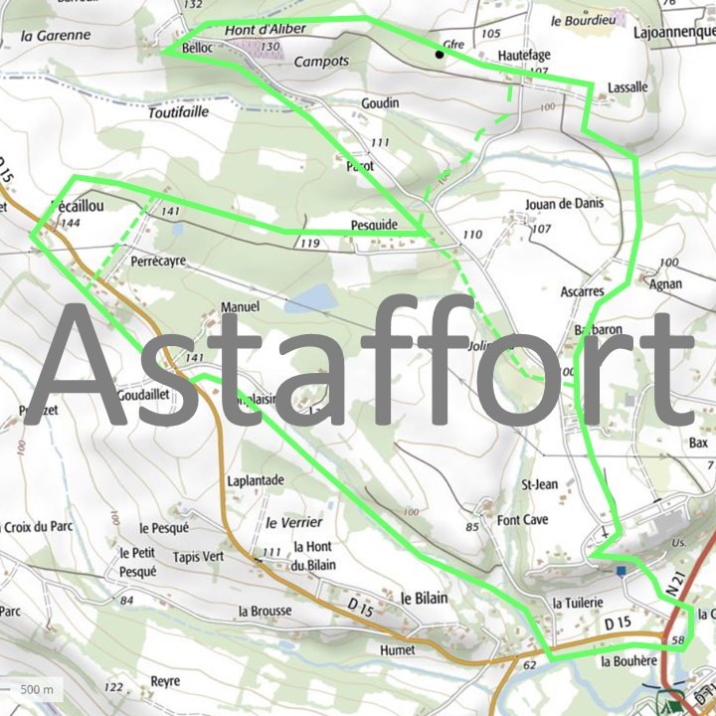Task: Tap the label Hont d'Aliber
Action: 266,30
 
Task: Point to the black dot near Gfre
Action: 439,55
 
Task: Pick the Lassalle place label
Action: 626,88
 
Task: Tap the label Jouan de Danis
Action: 564,203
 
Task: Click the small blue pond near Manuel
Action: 308,297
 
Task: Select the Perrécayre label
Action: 158,261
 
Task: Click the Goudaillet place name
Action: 143,394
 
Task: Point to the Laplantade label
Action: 256,480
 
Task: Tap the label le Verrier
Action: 293,522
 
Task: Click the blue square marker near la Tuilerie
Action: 622,571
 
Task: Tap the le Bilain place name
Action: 424,599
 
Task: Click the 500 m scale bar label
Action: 37,689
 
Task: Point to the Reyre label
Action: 165,681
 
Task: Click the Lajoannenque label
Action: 673,31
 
